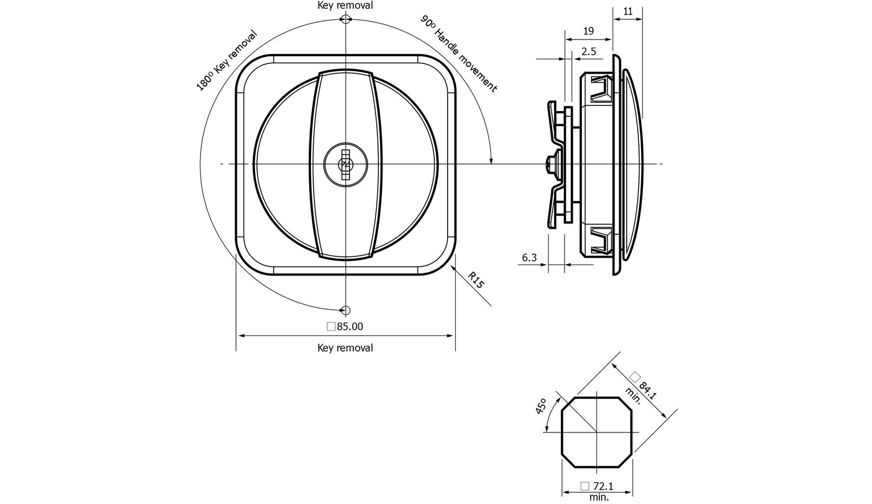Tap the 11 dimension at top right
628,11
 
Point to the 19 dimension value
588,31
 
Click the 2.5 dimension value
588,52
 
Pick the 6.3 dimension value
529,258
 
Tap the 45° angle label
541,406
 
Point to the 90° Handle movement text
459,53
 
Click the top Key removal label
345,5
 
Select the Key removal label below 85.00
345,348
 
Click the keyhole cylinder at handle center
345,165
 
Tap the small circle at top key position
345,20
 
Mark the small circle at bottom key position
345,310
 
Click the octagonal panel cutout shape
596,432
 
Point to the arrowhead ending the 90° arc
491,160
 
